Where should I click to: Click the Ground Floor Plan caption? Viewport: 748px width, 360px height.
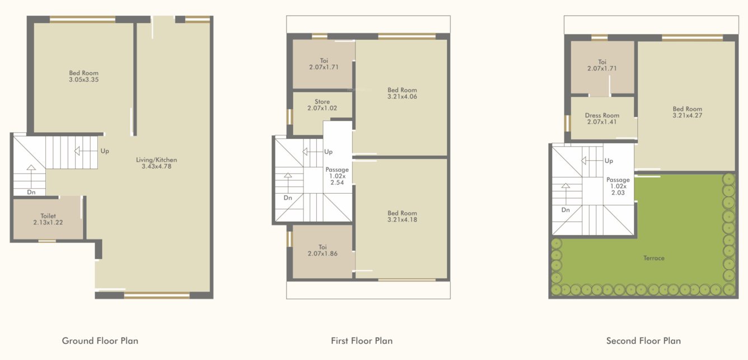pos(100,340)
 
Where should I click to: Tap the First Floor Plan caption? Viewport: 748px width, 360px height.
pos(362,340)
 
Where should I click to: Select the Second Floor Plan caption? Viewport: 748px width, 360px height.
pos(643,340)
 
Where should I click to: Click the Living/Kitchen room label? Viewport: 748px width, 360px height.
pos(156,160)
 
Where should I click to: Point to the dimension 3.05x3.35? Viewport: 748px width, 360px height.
pos(84,80)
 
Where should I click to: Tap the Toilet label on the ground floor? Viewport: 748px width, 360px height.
pos(48,216)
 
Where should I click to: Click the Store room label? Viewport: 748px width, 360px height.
pos(322,102)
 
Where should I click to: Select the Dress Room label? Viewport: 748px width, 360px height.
pos(602,115)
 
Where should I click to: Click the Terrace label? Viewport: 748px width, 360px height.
pos(654,258)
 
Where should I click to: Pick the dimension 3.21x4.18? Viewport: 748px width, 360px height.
pos(402,219)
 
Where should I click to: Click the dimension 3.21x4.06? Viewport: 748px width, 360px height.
pos(402,96)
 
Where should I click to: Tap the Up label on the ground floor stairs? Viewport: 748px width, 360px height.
pos(105,151)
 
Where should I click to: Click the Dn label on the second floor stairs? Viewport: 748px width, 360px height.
pos(565,210)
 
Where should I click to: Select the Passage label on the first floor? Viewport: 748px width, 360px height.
pos(337,170)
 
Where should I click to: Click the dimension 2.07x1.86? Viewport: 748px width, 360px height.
pos(322,253)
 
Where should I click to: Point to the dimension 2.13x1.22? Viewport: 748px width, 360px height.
pos(48,222)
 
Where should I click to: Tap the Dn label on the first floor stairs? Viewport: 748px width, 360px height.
pos(288,198)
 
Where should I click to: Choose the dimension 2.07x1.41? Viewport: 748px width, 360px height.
pos(602,121)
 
